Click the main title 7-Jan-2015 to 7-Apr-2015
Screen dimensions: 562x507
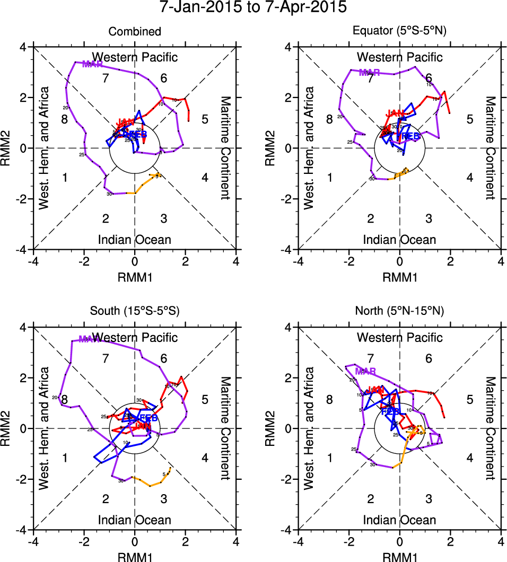[253, 7]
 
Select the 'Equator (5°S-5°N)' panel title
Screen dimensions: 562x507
[399, 31]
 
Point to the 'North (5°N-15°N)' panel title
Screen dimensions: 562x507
[399, 311]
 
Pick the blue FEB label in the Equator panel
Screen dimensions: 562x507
[410, 136]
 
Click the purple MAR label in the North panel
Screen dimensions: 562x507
[365, 371]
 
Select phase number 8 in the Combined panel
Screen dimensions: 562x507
[64, 119]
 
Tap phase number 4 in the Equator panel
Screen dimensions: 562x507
[469, 178]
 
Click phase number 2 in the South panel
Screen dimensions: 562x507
[106, 498]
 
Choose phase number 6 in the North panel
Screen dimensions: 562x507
[429, 358]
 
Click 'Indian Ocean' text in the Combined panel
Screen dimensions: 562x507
[135, 240]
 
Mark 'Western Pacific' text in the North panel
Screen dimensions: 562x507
[399, 337]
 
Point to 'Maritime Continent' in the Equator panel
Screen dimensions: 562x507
[490, 148]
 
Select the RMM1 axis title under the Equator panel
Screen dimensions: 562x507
[399, 276]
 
